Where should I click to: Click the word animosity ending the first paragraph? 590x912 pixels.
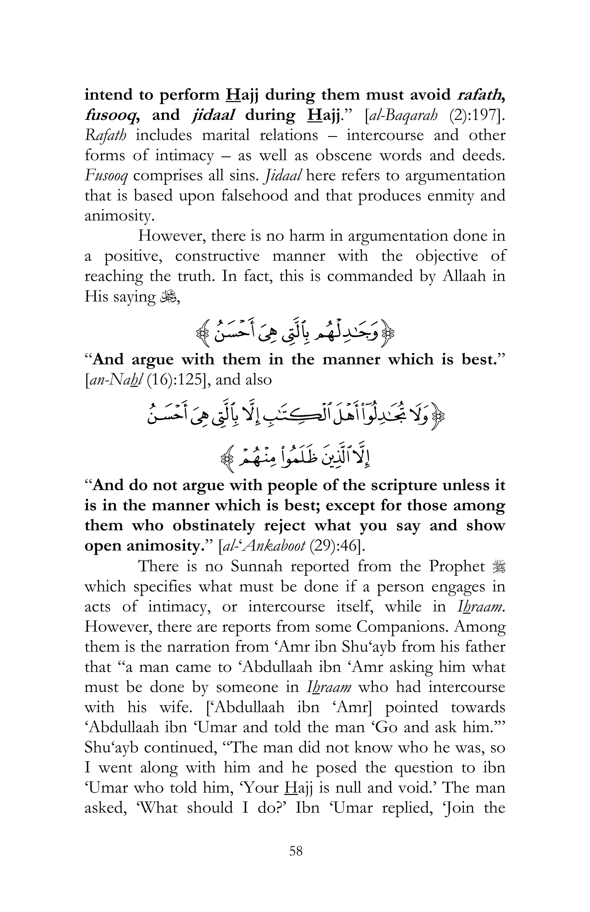[119, 216]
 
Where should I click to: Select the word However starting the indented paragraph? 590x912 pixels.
[171, 236]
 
